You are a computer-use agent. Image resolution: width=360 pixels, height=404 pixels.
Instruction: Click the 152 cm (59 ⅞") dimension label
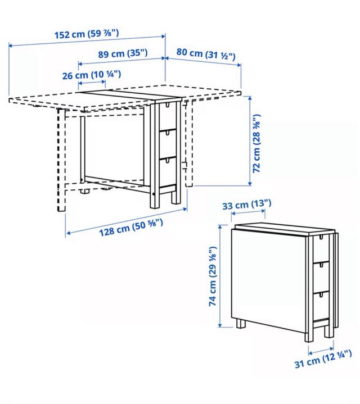click(87, 34)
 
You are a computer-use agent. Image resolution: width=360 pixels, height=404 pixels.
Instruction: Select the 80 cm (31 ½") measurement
click(205, 53)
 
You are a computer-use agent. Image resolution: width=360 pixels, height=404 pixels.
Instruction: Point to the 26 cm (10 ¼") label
click(91, 74)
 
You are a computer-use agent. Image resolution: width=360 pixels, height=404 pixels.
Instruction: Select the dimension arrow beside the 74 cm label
click(220, 275)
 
